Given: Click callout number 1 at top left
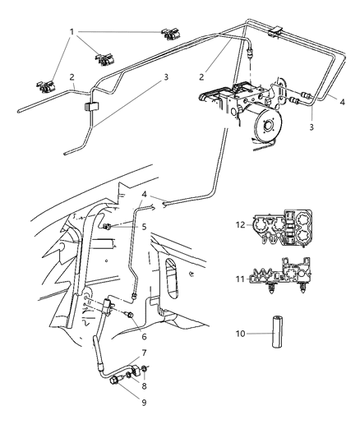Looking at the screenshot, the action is (x=72, y=32).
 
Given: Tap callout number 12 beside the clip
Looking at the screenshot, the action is (x=240, y=224).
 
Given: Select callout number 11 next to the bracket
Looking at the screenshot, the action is (x=240, y=279).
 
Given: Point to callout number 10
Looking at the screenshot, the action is (x=240, y=334).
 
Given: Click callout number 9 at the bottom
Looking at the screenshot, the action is (x=144, y=403).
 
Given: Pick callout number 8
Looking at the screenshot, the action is (x=144, y=385).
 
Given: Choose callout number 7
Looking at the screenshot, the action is (x=144, y=353).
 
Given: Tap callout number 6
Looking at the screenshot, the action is (x=144, y=337).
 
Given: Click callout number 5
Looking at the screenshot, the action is (x=144, y=227).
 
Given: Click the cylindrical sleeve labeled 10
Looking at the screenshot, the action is (x=276, y=331).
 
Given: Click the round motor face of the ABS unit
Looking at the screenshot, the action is (x=269, y=124).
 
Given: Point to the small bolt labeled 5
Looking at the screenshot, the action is (x=106, y=227).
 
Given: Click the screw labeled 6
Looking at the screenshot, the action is (x=129, y=315).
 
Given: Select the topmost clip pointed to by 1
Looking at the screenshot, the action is (x=170, y=34).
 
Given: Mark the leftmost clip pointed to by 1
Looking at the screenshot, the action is (x=46, y=86).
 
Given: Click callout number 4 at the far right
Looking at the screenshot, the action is (x=342, y=102).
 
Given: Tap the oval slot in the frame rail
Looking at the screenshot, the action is (x=172, y=278).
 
